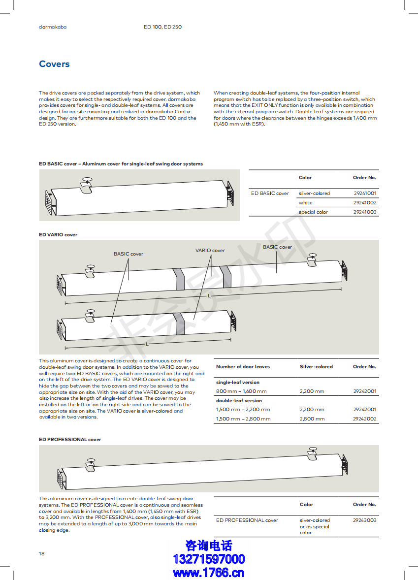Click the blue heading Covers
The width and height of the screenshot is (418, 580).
pyautogui.click(x=54, y=64)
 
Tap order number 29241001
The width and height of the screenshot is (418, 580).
pyautogui.click(x=364, y=193)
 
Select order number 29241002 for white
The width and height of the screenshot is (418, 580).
pyautogui.click(x=364, y=203)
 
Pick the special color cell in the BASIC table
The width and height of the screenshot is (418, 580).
pyautogui.click(x=313, y=212)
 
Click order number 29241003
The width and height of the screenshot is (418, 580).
pyautogui.click(x=364, y=212)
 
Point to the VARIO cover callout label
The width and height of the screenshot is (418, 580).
pyautogui.click(x=210, y=251)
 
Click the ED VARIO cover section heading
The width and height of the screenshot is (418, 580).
pyautogui.click(x=58, y=235)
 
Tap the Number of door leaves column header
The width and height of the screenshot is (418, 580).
pyautogui.click(x=243, y=367)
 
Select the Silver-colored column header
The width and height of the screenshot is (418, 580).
pyautogui.click(x=316, y=367)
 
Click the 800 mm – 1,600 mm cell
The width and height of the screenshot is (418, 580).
pyautogui.click(x=241, y=391)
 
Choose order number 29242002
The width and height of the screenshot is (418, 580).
pyautogui.click(x=364, y=419)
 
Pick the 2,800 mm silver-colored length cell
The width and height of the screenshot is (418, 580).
pyautogui.click(x=312, y=419)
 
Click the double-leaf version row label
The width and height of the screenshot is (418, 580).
pyautogui.click(x=239, y=401)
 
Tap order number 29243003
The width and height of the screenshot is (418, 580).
pyautogui.click(x=364, y=520)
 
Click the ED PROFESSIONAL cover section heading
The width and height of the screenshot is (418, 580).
pyautogui.click(x=70, y=440)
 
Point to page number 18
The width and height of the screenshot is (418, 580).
pyautogui.click(x=42, y=554)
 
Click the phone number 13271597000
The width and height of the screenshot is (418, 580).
pyautogui.click(x=209, y=559)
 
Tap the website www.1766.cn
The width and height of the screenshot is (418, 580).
pyautogui.click(x=209, y=573)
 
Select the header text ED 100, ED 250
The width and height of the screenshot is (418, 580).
pyautogui.click(x=162, y=27)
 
